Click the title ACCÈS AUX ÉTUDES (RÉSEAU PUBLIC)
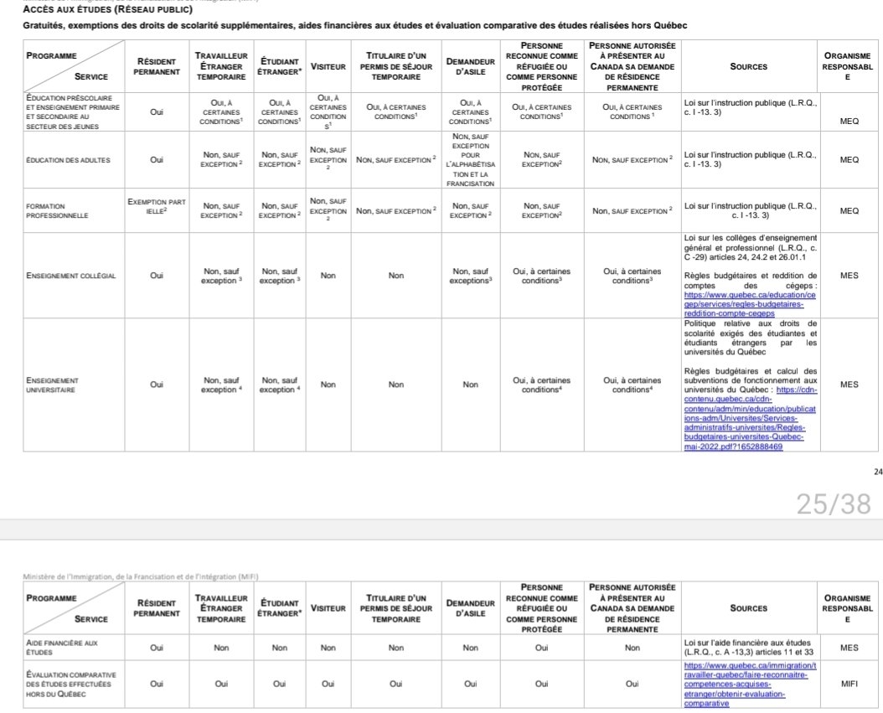pos(107,10)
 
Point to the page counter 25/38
pos(833,504)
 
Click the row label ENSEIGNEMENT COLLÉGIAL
pos(71,276)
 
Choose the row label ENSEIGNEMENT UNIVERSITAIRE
pos(52,385)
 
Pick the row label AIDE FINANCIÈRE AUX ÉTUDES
pos(61,647)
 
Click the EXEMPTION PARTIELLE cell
pos(157,206)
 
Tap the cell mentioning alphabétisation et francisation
pos(470,160)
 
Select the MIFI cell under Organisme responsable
pos(849,684)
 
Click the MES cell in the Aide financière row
pos(849,647)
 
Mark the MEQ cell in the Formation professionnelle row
pos(849,210)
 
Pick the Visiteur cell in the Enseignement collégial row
pos(328,276)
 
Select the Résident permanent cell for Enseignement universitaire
pos(157,385)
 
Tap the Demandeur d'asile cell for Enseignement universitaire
pos(470,385)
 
